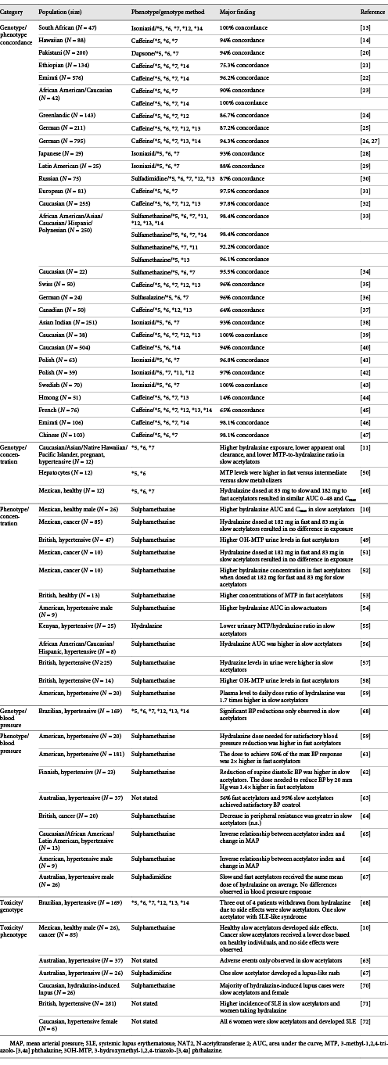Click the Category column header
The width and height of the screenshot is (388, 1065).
tap(16, 12)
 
